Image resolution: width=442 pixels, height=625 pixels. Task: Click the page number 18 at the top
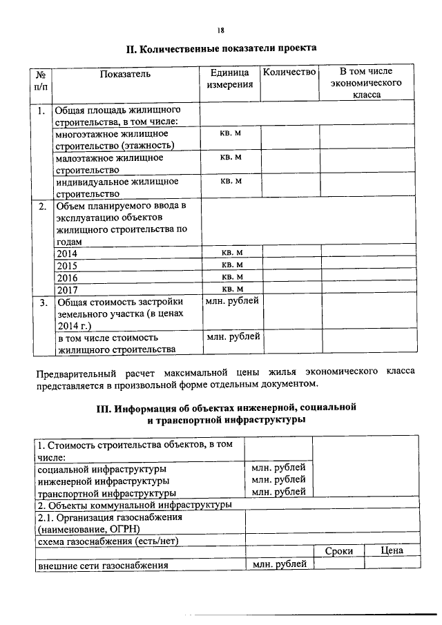(220, 30)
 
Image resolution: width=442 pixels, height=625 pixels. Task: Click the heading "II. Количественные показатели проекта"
(221, 49)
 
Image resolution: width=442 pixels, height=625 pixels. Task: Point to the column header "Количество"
(289, 72)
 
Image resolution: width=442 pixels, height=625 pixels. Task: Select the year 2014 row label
(67, 253)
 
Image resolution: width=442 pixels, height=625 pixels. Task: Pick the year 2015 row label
(67, 265)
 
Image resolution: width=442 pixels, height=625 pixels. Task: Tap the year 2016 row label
(67, 277)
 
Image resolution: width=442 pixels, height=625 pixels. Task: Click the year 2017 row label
(67, 289)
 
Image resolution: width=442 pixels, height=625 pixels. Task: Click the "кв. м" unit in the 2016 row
(231, 276)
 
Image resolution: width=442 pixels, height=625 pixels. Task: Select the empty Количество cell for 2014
(290, 253)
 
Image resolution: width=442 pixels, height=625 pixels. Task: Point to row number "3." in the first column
(42, 302)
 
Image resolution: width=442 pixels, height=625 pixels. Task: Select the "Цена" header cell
(392, 550)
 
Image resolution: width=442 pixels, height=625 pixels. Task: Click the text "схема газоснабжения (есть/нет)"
(107, 540)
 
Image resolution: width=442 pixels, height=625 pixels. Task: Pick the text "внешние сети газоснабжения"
(103, 566)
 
